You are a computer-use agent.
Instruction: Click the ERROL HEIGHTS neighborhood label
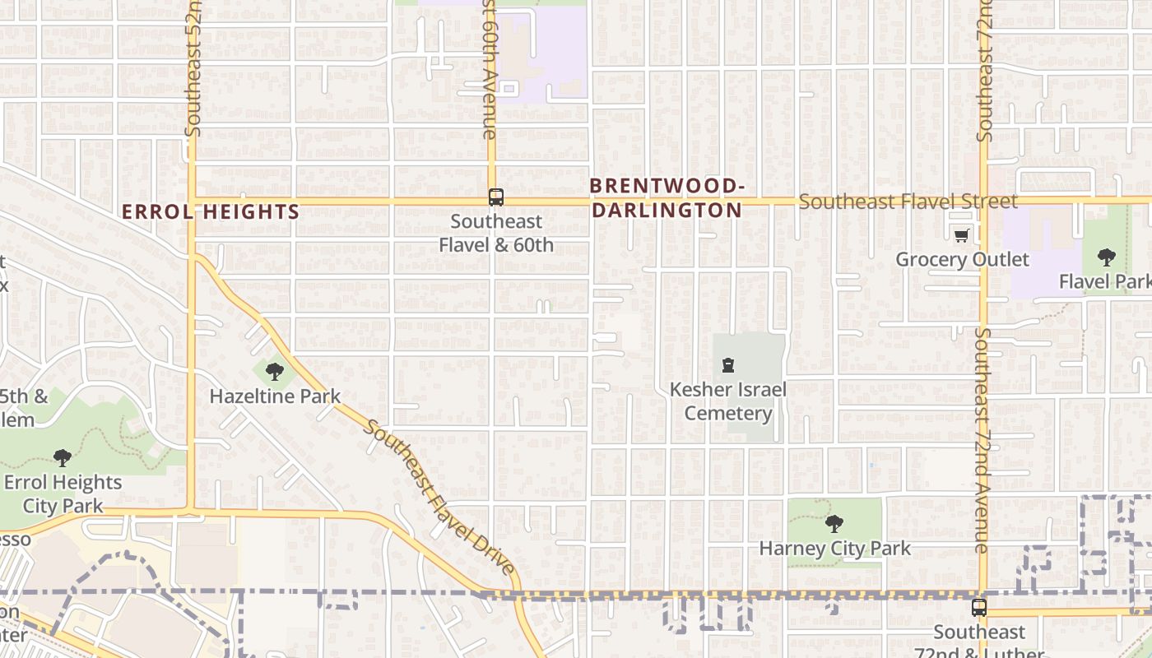pos(211,211)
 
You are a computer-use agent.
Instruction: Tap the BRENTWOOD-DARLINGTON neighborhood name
pos(667,198)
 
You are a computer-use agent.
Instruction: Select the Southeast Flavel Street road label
pos(908,202)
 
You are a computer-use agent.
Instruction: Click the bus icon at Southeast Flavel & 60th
pos(495,197)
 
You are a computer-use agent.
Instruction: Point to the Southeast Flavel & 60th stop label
pos(496,233)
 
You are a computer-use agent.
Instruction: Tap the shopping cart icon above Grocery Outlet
pos(961,237)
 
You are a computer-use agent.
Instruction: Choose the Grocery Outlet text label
pos(962,259)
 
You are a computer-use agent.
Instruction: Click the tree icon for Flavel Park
pos(1107,257)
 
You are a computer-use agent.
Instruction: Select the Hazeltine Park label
pos(275,396)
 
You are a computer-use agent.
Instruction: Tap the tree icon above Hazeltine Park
pos(275,372)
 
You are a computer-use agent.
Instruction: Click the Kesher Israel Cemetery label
pos(728,401)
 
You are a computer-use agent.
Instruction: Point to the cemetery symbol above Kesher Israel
pos(727,365)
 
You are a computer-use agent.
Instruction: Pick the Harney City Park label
pos(834,548)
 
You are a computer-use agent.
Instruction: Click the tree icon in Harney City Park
pos(834,523)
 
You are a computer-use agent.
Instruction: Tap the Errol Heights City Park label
pos(63,493)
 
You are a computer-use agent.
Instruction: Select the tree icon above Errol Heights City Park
pos(62,457)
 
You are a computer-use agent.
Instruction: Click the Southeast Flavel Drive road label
pos(440,498)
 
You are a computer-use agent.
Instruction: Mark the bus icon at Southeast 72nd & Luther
pos(978,608)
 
